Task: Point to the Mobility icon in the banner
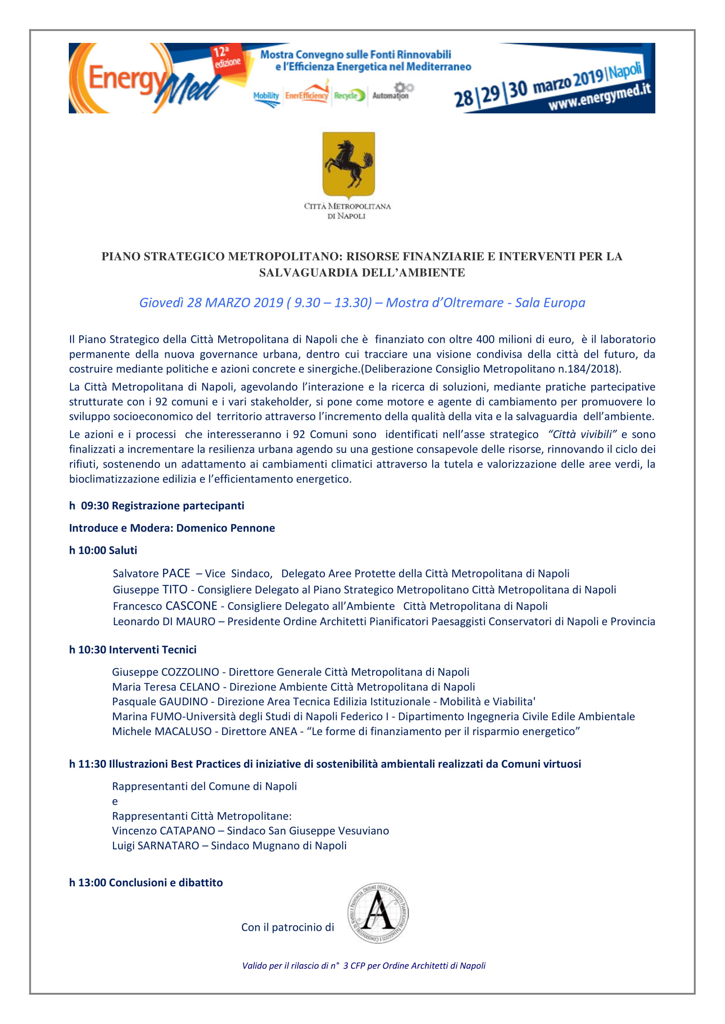(x=266, y=97)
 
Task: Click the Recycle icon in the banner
(x=349, y=95)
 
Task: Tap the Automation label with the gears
(x=391, y=92)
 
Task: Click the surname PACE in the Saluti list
(x=176, y=573)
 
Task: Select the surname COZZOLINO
(x=190, y=672)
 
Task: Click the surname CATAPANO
(x=188, y=830)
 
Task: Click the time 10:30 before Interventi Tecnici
(x=92, y=649)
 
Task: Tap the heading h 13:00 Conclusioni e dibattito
(x=146, y=882)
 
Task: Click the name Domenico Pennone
(x=225, y=528)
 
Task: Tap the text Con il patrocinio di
(x=288, y=927)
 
